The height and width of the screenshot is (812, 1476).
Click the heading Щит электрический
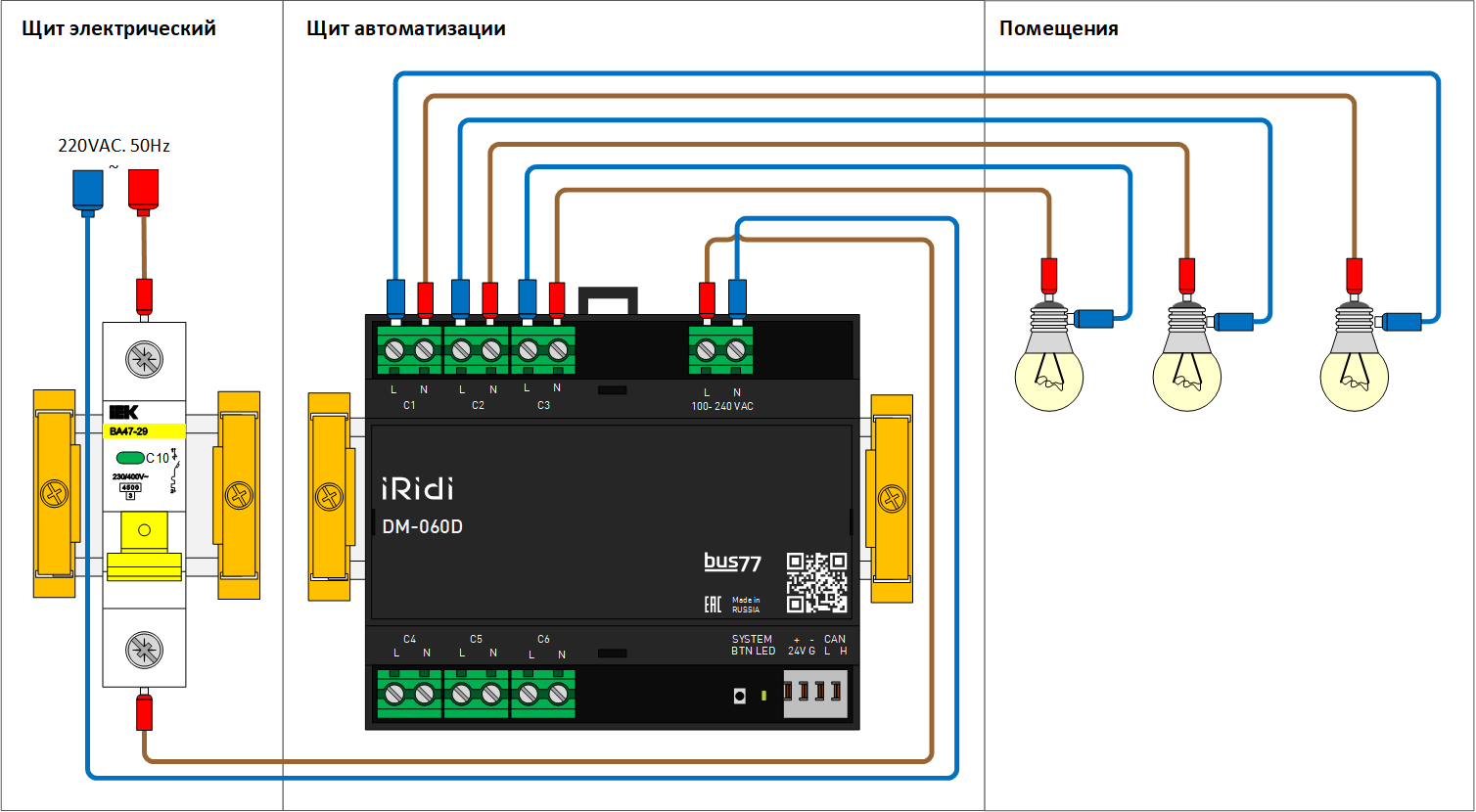(x=118, y=28)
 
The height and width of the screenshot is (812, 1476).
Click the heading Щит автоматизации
(x=405, y=28)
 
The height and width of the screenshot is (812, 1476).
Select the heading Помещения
(x=1058, y=28)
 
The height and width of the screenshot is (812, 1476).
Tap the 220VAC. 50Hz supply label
(x=114, y=147)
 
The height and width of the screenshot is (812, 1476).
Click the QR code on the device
(x=816, y=582)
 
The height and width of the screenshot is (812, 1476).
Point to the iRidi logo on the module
(x=416, y=488)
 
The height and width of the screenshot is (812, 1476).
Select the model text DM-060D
(x=422, y=527)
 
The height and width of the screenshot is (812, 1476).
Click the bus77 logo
(x=732, y=563)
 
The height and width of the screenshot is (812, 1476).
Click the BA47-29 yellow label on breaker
(x=144, y=430)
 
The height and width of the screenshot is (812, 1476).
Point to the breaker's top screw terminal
(x=144, y=359)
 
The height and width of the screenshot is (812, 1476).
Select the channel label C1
(x=409, y=405)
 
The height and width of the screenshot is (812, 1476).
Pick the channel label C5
(x=476, y=639)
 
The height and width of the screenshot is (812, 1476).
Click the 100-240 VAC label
(x=721, y=406)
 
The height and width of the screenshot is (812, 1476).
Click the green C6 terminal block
(x=542, y=695)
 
